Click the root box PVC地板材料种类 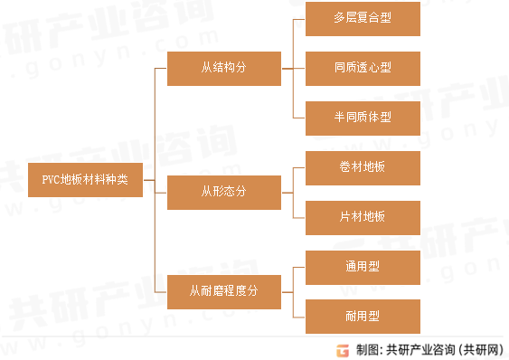click(x=85, y=180)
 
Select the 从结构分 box click(x=223, y=67)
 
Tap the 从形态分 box click(x=223, y=192)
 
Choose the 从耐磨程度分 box click(x=223, y=291)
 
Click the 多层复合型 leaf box click(x=363, y=19)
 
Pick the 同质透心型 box click(x=363, y=67)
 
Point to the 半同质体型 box click(x=363, y=118)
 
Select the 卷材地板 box click(x=363, y=167)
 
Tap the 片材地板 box click(x=363, y=217)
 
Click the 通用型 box click(x=363, y=268)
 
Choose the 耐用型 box click(x=363, y=316)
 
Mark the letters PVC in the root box click(x=52, y=180)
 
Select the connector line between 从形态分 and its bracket click(x=287, y=192)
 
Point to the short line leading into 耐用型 click(x=300, y=316)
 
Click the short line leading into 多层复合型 click(x=300, y=19)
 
